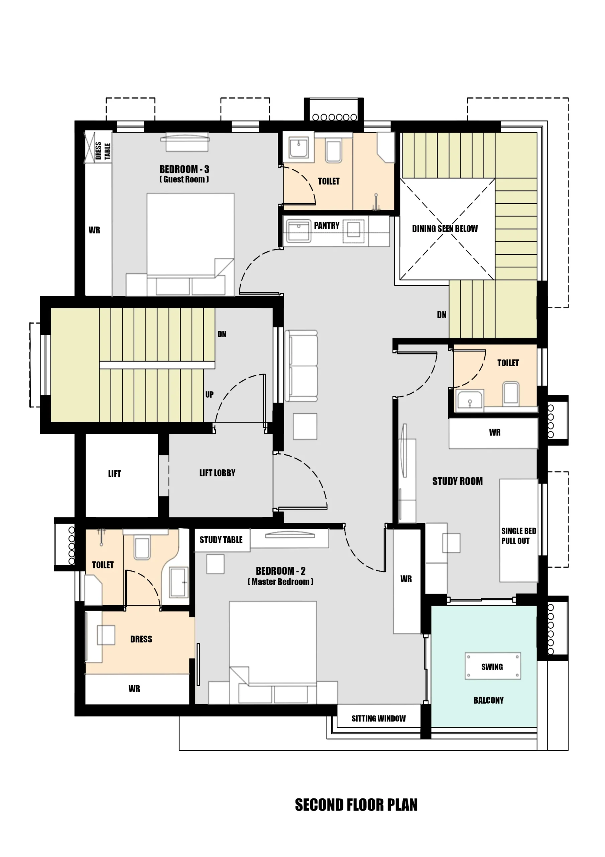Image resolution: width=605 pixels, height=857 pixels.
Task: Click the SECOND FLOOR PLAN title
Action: coord(356,805)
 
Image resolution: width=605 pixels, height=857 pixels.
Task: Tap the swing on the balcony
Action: coord(492,666)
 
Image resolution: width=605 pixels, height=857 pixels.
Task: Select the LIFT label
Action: coord(114,474)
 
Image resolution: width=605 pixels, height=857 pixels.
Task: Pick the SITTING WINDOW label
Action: coord(378,718)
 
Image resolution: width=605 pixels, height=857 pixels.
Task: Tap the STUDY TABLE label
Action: coord(221,540)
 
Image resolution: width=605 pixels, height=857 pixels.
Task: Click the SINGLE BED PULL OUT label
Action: coord(518,536)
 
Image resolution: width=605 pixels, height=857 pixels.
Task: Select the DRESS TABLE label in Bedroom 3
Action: coord(103,151)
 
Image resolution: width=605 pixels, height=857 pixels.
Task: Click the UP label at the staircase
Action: coord(210,395)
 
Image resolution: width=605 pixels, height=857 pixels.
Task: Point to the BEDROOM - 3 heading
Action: coord(184,169)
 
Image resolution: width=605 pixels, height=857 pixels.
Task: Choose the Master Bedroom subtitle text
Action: coord(280,582)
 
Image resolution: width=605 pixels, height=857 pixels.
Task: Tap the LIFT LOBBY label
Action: coord(217,473)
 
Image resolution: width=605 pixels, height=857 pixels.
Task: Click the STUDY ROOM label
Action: coord(457,481)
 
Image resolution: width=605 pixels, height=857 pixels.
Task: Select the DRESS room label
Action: coord(141,639)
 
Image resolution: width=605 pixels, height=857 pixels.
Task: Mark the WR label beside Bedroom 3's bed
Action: coord(94,230)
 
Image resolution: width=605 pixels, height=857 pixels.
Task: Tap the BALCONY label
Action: coord(488,700)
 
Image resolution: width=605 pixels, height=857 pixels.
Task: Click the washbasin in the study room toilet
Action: coord(470,400)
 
